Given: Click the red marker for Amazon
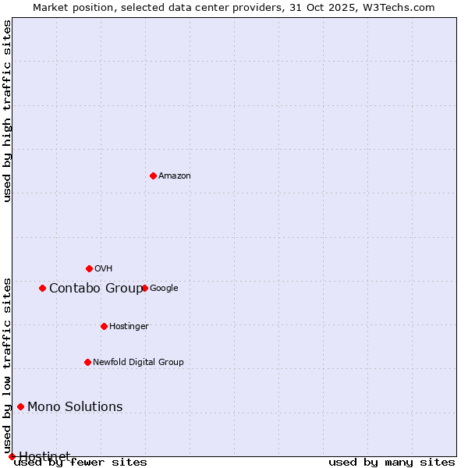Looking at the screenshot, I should (x=153, y=175).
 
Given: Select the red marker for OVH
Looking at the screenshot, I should (x=89, y=268).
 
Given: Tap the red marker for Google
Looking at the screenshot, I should (x=144, y=288).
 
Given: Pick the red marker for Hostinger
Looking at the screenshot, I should (x=104, y=326).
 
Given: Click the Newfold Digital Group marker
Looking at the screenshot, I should (x=87, y=362).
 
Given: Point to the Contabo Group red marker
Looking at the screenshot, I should (x=42, y=288).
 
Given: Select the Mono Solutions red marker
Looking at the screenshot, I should (x=20, y=406).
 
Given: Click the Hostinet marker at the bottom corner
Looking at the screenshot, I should (x=12, y=456).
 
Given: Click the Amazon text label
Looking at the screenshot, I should (x=175, y=176).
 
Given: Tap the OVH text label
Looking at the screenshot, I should (x=104, y=269).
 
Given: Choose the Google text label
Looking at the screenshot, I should (x=164, y=289).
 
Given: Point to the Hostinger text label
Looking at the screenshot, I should (x=129, y=327).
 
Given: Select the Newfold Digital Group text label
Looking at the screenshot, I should (x=138, y=363).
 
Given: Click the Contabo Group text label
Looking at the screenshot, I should (x=96, y=289).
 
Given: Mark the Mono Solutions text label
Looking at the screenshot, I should (x=75, y=407).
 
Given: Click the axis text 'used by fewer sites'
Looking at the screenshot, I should (x=80, y=463).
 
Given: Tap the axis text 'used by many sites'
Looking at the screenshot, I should (x=392, y=463).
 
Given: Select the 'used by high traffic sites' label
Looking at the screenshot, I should (x=8, y=111).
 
